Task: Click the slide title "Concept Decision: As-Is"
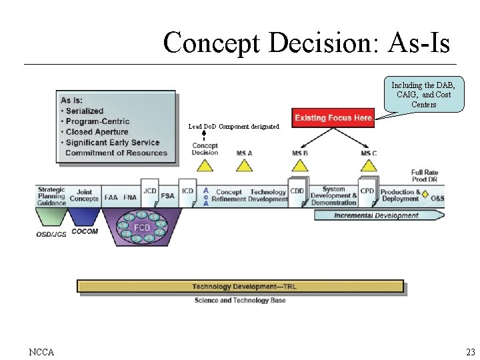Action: (x=306, y=43)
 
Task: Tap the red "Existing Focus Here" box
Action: (x=333, y=118)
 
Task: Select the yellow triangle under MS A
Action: (x=244, y=166)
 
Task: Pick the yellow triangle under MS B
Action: (x=300, y=166)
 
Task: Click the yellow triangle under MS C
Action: (x=369, y=166)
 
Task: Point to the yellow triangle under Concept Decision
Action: (x=205, y=165)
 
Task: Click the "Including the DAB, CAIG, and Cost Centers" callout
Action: (x=423, y=95)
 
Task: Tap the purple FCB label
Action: (x=142, y=227)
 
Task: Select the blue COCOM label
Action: (x=85, y=232)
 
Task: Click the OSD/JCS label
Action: (x=51, y=235)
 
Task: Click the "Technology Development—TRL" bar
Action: (x=240, y=287)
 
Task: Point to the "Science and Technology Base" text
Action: (x=240, y=301)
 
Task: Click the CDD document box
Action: (x=297, y=192)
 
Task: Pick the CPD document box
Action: (x=367, y=192)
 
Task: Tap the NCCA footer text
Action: (x=42, y=352)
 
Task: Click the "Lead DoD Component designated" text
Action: (x=233, y=126)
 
